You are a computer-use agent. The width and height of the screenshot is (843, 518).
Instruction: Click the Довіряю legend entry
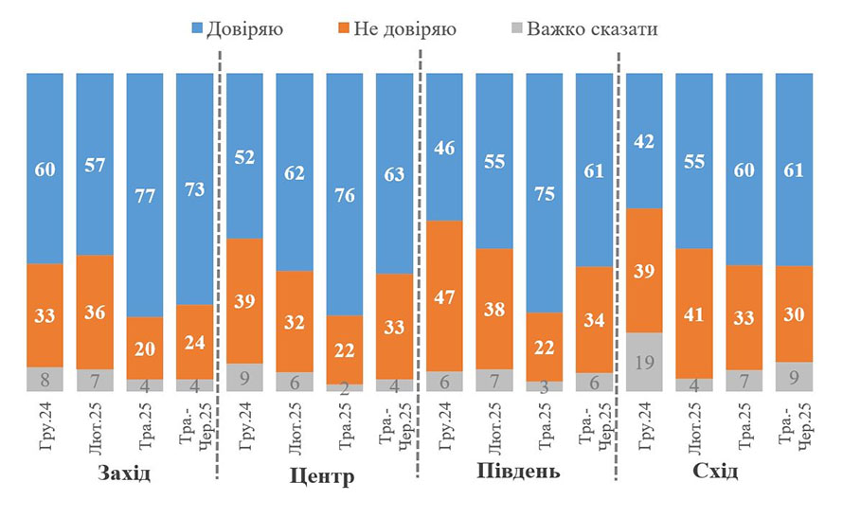point(232,29)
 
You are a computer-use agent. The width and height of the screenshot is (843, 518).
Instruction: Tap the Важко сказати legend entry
point(580,29)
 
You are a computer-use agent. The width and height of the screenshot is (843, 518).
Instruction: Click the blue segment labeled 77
point(144,194)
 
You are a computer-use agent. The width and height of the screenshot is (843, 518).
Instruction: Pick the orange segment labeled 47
point(444,295)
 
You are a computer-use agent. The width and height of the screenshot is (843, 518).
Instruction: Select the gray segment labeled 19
point(644,362)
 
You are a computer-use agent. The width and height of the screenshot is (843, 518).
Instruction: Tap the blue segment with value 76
point(344,193)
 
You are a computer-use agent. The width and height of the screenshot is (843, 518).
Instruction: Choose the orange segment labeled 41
point(694,313)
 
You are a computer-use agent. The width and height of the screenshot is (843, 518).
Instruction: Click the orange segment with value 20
point(144,348)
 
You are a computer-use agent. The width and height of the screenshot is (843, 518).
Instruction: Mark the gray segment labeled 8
point(45,380)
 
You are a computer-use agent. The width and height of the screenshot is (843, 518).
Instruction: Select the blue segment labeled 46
point(444,147)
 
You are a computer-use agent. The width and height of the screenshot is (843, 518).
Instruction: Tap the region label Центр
point(322,474)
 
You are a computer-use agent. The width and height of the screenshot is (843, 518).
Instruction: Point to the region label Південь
point(517,472)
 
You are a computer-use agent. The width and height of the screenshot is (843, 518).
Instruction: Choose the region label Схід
point(715,472)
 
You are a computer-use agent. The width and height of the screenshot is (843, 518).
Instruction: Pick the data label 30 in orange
point(794,313)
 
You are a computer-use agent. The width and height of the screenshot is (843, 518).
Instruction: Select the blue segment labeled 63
point(394,173)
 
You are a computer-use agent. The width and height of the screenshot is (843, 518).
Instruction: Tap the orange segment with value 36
point(95,312)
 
